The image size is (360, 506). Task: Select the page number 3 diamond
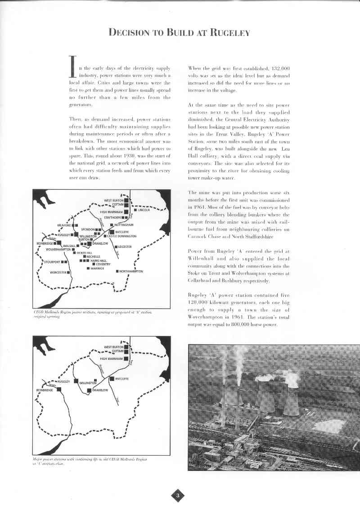178,495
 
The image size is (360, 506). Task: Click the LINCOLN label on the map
144,210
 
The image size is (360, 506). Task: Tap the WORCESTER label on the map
58,273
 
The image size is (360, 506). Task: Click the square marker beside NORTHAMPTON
117,272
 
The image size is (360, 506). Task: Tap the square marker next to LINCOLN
135,210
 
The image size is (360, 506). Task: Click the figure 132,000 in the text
271,68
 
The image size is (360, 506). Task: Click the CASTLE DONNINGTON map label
121,236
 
